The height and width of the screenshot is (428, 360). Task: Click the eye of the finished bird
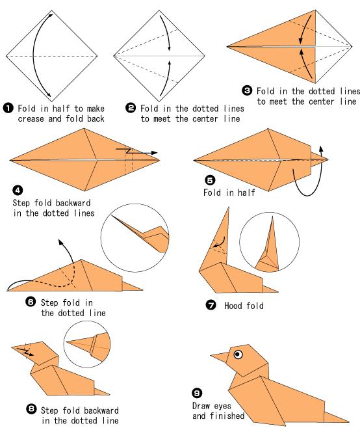click(x=238, y=354)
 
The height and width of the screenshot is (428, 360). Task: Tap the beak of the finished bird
click(x=220, y=357)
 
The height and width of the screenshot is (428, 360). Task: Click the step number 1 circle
click(x=8, y=108)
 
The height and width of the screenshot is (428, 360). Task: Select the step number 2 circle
click(x=131, y=108)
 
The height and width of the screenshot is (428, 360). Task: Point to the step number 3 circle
click(x=247, y=90)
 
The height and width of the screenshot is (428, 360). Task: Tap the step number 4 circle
click(x=18, y=190)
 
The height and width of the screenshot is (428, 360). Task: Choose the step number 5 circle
click(x=210, y=180)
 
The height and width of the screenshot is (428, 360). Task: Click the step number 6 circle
click(x=31, y=302)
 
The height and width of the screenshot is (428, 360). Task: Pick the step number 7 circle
click(x=211, y=305)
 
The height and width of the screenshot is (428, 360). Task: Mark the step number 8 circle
click(x=31, y=408)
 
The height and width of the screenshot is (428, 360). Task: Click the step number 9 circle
click(x=197, y=393)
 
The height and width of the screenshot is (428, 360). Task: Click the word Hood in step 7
click(x=233, y=306)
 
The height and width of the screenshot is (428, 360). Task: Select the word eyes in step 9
click(x=222, y=406)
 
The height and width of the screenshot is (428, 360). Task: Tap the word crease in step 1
click(x=31, y=119)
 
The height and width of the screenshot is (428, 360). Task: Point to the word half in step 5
click(x=246, y=193)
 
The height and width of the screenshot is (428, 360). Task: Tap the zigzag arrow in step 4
click(x=136, y=151)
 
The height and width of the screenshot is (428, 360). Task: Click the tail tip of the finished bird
click(x=348, y=421)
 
